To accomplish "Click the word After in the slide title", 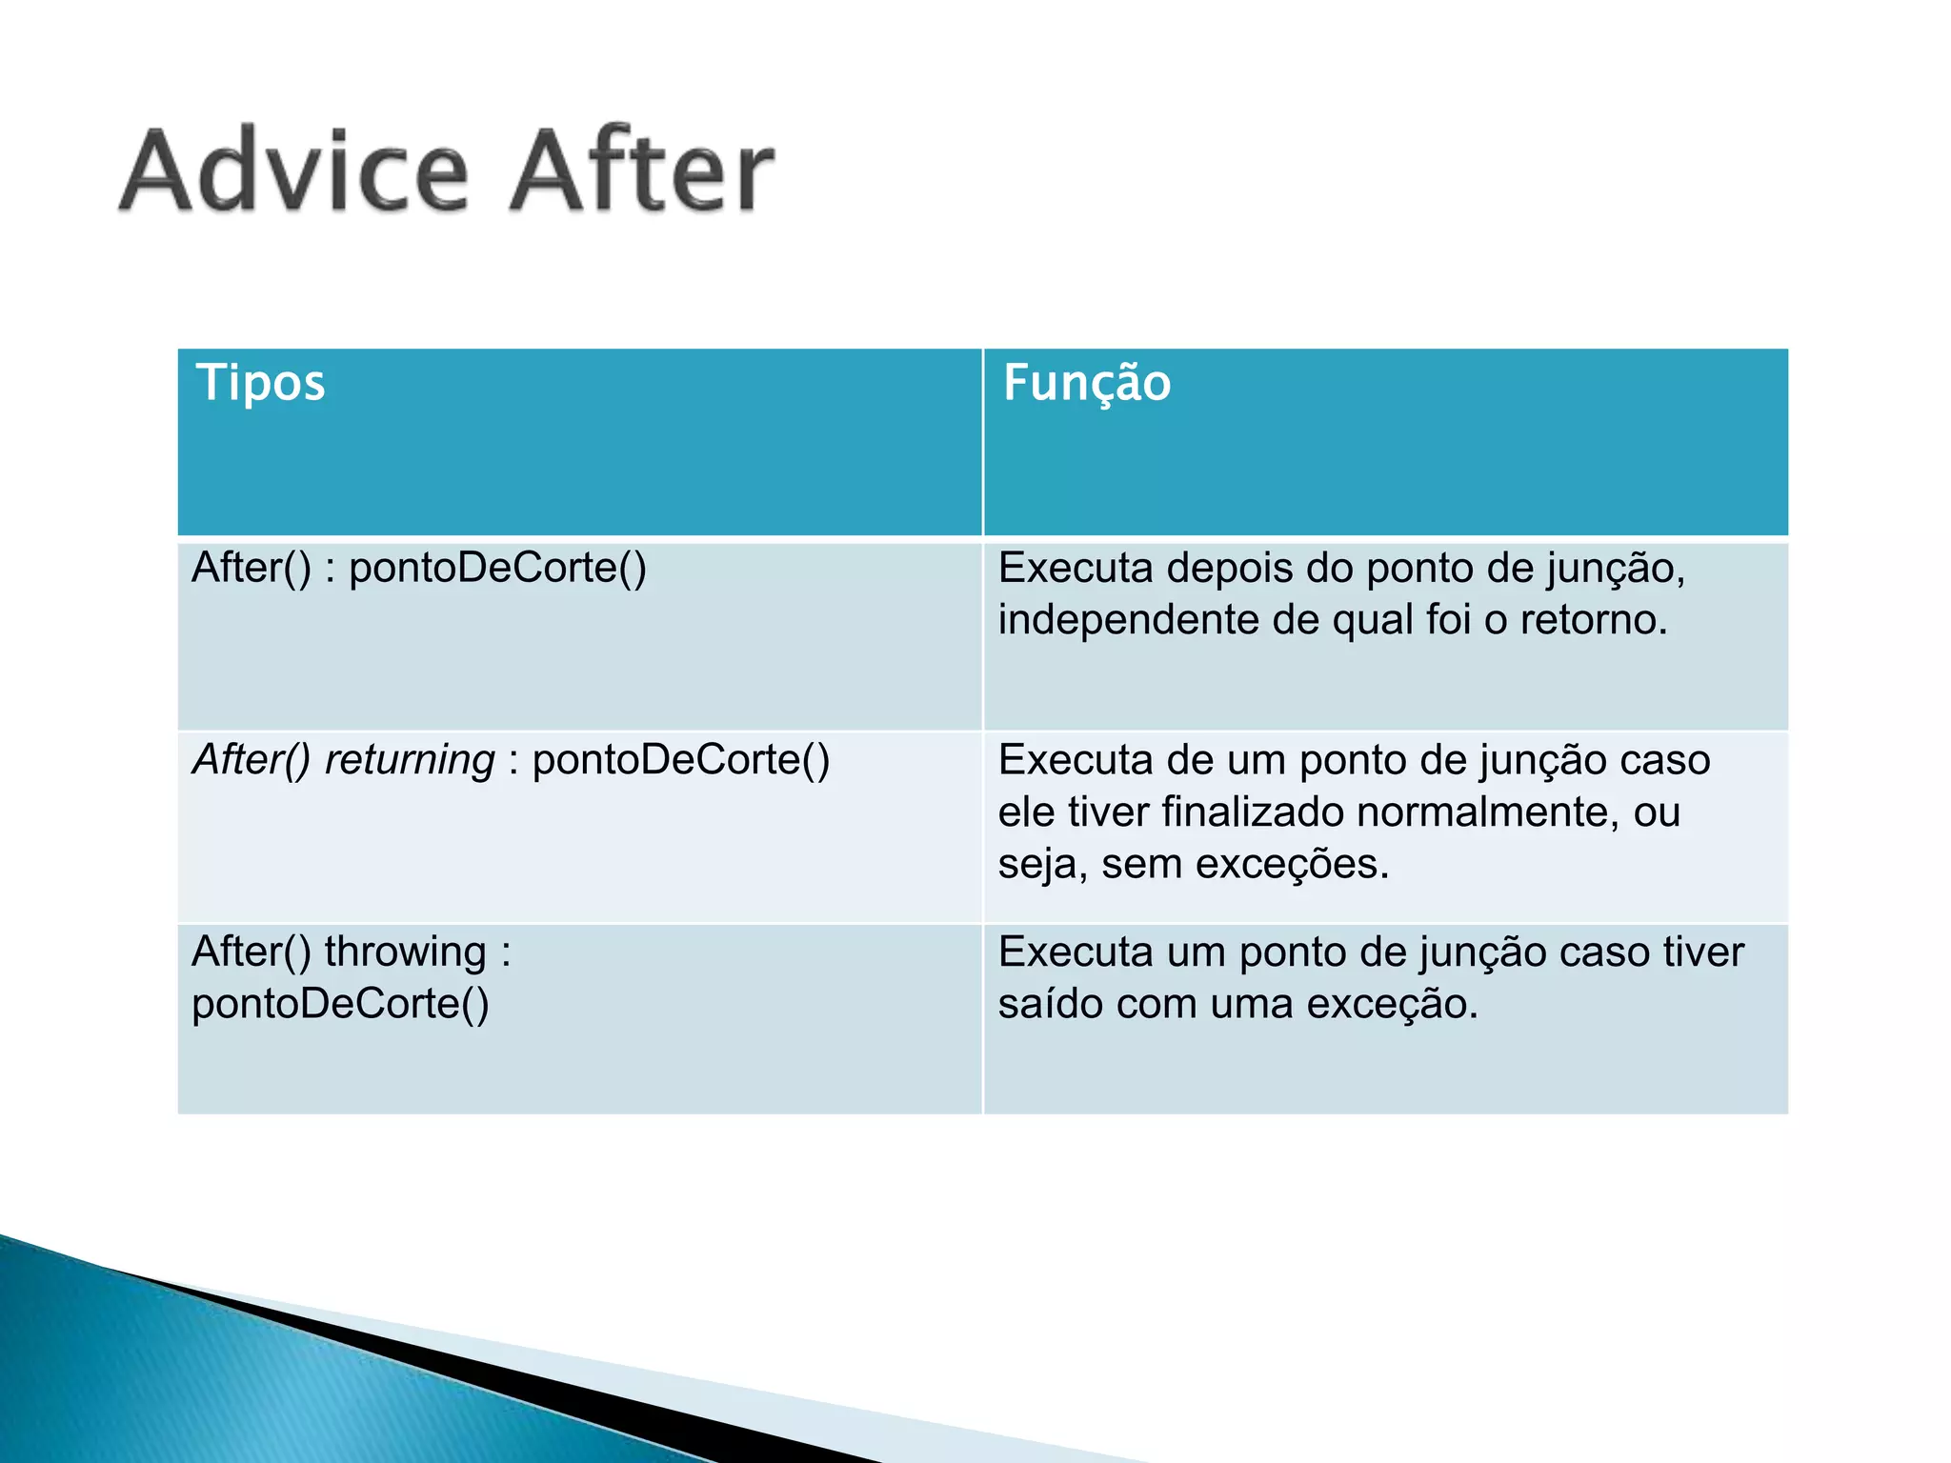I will tap(640, 171).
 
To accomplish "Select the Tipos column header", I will tap(260, 383).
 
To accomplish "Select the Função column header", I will tap(1086, 383).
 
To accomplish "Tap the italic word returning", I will tap(410, 760).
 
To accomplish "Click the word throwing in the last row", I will tap(405, 952).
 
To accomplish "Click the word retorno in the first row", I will tap(1592, 620).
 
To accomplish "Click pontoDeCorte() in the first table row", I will tap(497, 569).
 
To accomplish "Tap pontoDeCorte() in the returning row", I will tap(680, 760).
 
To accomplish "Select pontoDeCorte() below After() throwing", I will tap(340, 1004).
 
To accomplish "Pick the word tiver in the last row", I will tap(1703, 952).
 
